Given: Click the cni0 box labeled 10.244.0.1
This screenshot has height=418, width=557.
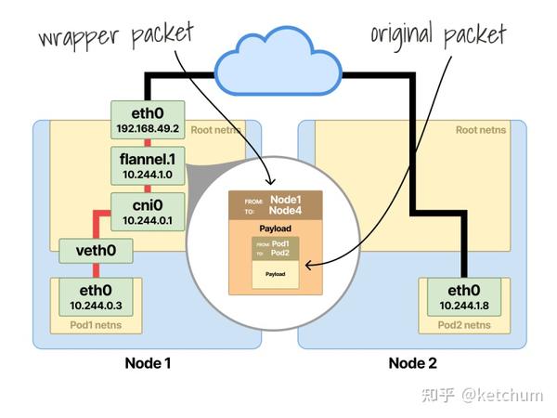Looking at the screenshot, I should coord(148,212).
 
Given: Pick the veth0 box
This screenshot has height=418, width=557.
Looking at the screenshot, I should coord(96,250).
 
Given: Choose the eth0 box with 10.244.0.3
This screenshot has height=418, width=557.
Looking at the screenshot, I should coord(96,296).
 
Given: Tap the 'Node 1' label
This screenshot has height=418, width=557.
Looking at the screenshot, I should coord(148,362).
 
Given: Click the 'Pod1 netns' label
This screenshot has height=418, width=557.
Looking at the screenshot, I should coord(96,325).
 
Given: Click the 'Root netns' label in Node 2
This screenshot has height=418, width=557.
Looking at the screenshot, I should coord(480,129).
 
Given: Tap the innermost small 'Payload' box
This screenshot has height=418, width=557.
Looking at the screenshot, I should coord(276,274).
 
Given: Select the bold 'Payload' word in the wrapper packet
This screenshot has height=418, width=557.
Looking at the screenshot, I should coord(277,228).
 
